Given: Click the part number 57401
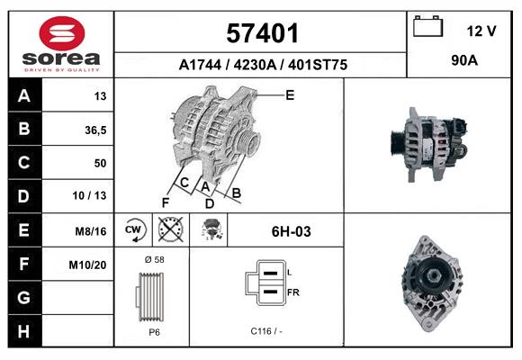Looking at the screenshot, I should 261,34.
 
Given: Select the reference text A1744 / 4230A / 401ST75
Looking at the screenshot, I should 263,65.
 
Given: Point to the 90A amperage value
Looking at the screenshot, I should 463,62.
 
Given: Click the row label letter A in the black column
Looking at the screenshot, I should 23,95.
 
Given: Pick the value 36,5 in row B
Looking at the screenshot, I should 95,130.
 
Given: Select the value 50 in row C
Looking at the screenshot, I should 100,163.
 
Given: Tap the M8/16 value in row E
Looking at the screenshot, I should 93,231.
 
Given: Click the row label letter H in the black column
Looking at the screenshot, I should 23,331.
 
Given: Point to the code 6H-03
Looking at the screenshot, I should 291,231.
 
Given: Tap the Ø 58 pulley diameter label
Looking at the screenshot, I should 154,259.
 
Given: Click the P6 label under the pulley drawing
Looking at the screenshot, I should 154,331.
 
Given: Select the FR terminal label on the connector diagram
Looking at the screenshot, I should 292,293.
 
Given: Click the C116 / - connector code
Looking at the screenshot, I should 267,331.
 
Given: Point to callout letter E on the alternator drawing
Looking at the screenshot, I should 290,94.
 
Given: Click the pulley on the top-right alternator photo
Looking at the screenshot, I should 397,142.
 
